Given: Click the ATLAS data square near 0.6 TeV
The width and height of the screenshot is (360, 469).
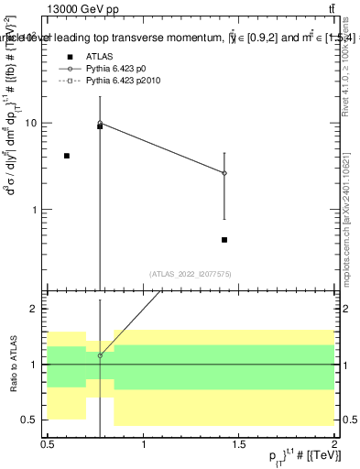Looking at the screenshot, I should pyautogui.click(x=67, y=156).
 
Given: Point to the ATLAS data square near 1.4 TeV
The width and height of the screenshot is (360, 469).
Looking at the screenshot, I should pyautogui.click(x=224, y=240).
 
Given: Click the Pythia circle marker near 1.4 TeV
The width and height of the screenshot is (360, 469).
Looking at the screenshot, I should pyautogui.click(x=224, y=172).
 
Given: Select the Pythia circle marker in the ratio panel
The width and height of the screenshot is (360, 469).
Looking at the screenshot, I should pyautogui.click(x=100, y=355).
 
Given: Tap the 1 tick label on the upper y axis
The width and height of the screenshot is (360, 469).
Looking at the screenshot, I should pyautogui.click(x=36, y=210).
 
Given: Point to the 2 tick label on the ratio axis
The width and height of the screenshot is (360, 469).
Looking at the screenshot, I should pyautogui.click(x=36, y=310).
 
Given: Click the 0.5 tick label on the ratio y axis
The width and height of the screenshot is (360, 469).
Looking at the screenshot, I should pyautogui.click(x=31, y=420).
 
